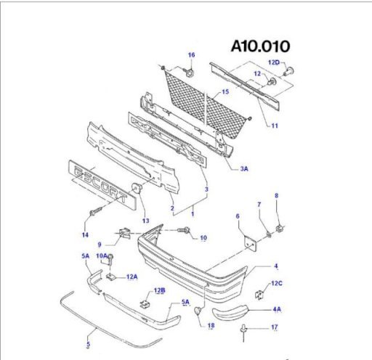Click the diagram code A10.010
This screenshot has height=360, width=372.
261,46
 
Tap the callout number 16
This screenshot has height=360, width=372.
192,55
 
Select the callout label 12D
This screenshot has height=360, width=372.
274,62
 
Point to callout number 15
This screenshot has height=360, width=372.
225,91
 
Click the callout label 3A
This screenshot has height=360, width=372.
244,168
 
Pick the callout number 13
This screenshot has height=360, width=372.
146,221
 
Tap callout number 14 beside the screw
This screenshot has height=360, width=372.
85,234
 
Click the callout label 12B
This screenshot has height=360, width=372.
160,290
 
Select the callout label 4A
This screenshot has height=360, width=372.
277,309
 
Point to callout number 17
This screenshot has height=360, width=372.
275,327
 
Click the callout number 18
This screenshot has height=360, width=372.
211,326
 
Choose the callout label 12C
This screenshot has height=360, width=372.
277,283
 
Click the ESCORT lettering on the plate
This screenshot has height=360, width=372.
100,184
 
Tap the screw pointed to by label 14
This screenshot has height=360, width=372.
96,210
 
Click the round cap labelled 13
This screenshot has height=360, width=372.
137,188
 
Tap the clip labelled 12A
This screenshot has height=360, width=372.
111,277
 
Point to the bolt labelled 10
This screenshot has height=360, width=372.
184,230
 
